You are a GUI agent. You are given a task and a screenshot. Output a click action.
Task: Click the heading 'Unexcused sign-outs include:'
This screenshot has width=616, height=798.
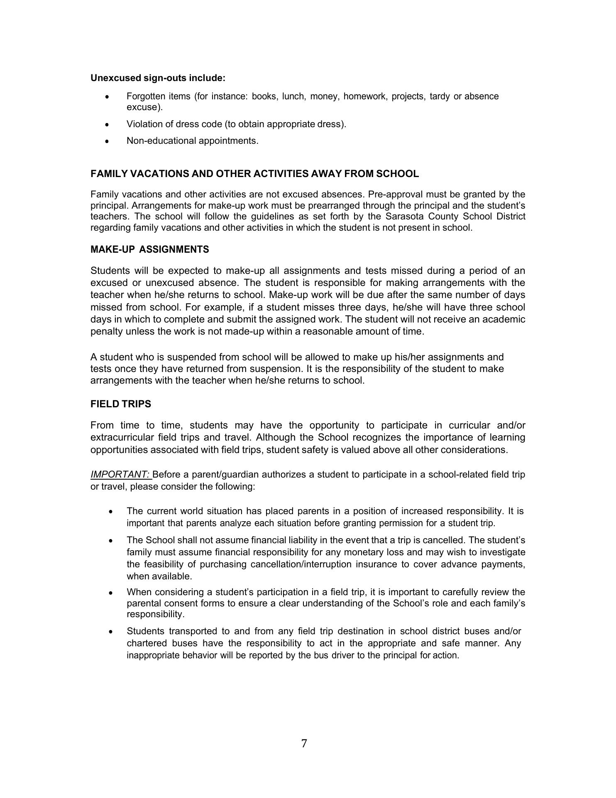tap(158, 78)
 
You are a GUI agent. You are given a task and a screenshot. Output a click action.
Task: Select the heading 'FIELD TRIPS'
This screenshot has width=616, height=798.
tap(121, 404)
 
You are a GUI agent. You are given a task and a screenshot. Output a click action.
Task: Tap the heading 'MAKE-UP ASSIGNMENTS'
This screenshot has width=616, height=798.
tap(149, 249)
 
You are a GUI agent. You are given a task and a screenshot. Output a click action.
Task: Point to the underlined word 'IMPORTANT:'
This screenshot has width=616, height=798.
tap(120, 475)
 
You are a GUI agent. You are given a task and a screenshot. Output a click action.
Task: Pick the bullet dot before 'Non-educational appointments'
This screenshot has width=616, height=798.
tap(107, 141)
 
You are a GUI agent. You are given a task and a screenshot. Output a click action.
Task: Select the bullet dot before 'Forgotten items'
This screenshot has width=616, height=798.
tap(107, 97)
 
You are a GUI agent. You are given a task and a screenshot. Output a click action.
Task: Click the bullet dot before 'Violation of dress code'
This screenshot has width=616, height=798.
tap(107, 124)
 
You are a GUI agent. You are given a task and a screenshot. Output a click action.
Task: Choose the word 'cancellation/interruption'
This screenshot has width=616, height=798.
tap(302, 564)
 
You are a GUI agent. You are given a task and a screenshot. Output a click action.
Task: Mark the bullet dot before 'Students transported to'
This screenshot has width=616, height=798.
tap(110, 632)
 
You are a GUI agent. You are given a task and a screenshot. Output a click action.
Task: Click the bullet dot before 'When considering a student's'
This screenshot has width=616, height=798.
tap(110, 593)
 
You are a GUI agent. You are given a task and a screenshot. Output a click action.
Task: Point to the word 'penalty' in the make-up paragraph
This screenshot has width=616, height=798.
tap(106, 332)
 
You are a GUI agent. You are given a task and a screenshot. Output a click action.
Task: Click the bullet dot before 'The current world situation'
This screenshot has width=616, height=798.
tap(110, 512)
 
